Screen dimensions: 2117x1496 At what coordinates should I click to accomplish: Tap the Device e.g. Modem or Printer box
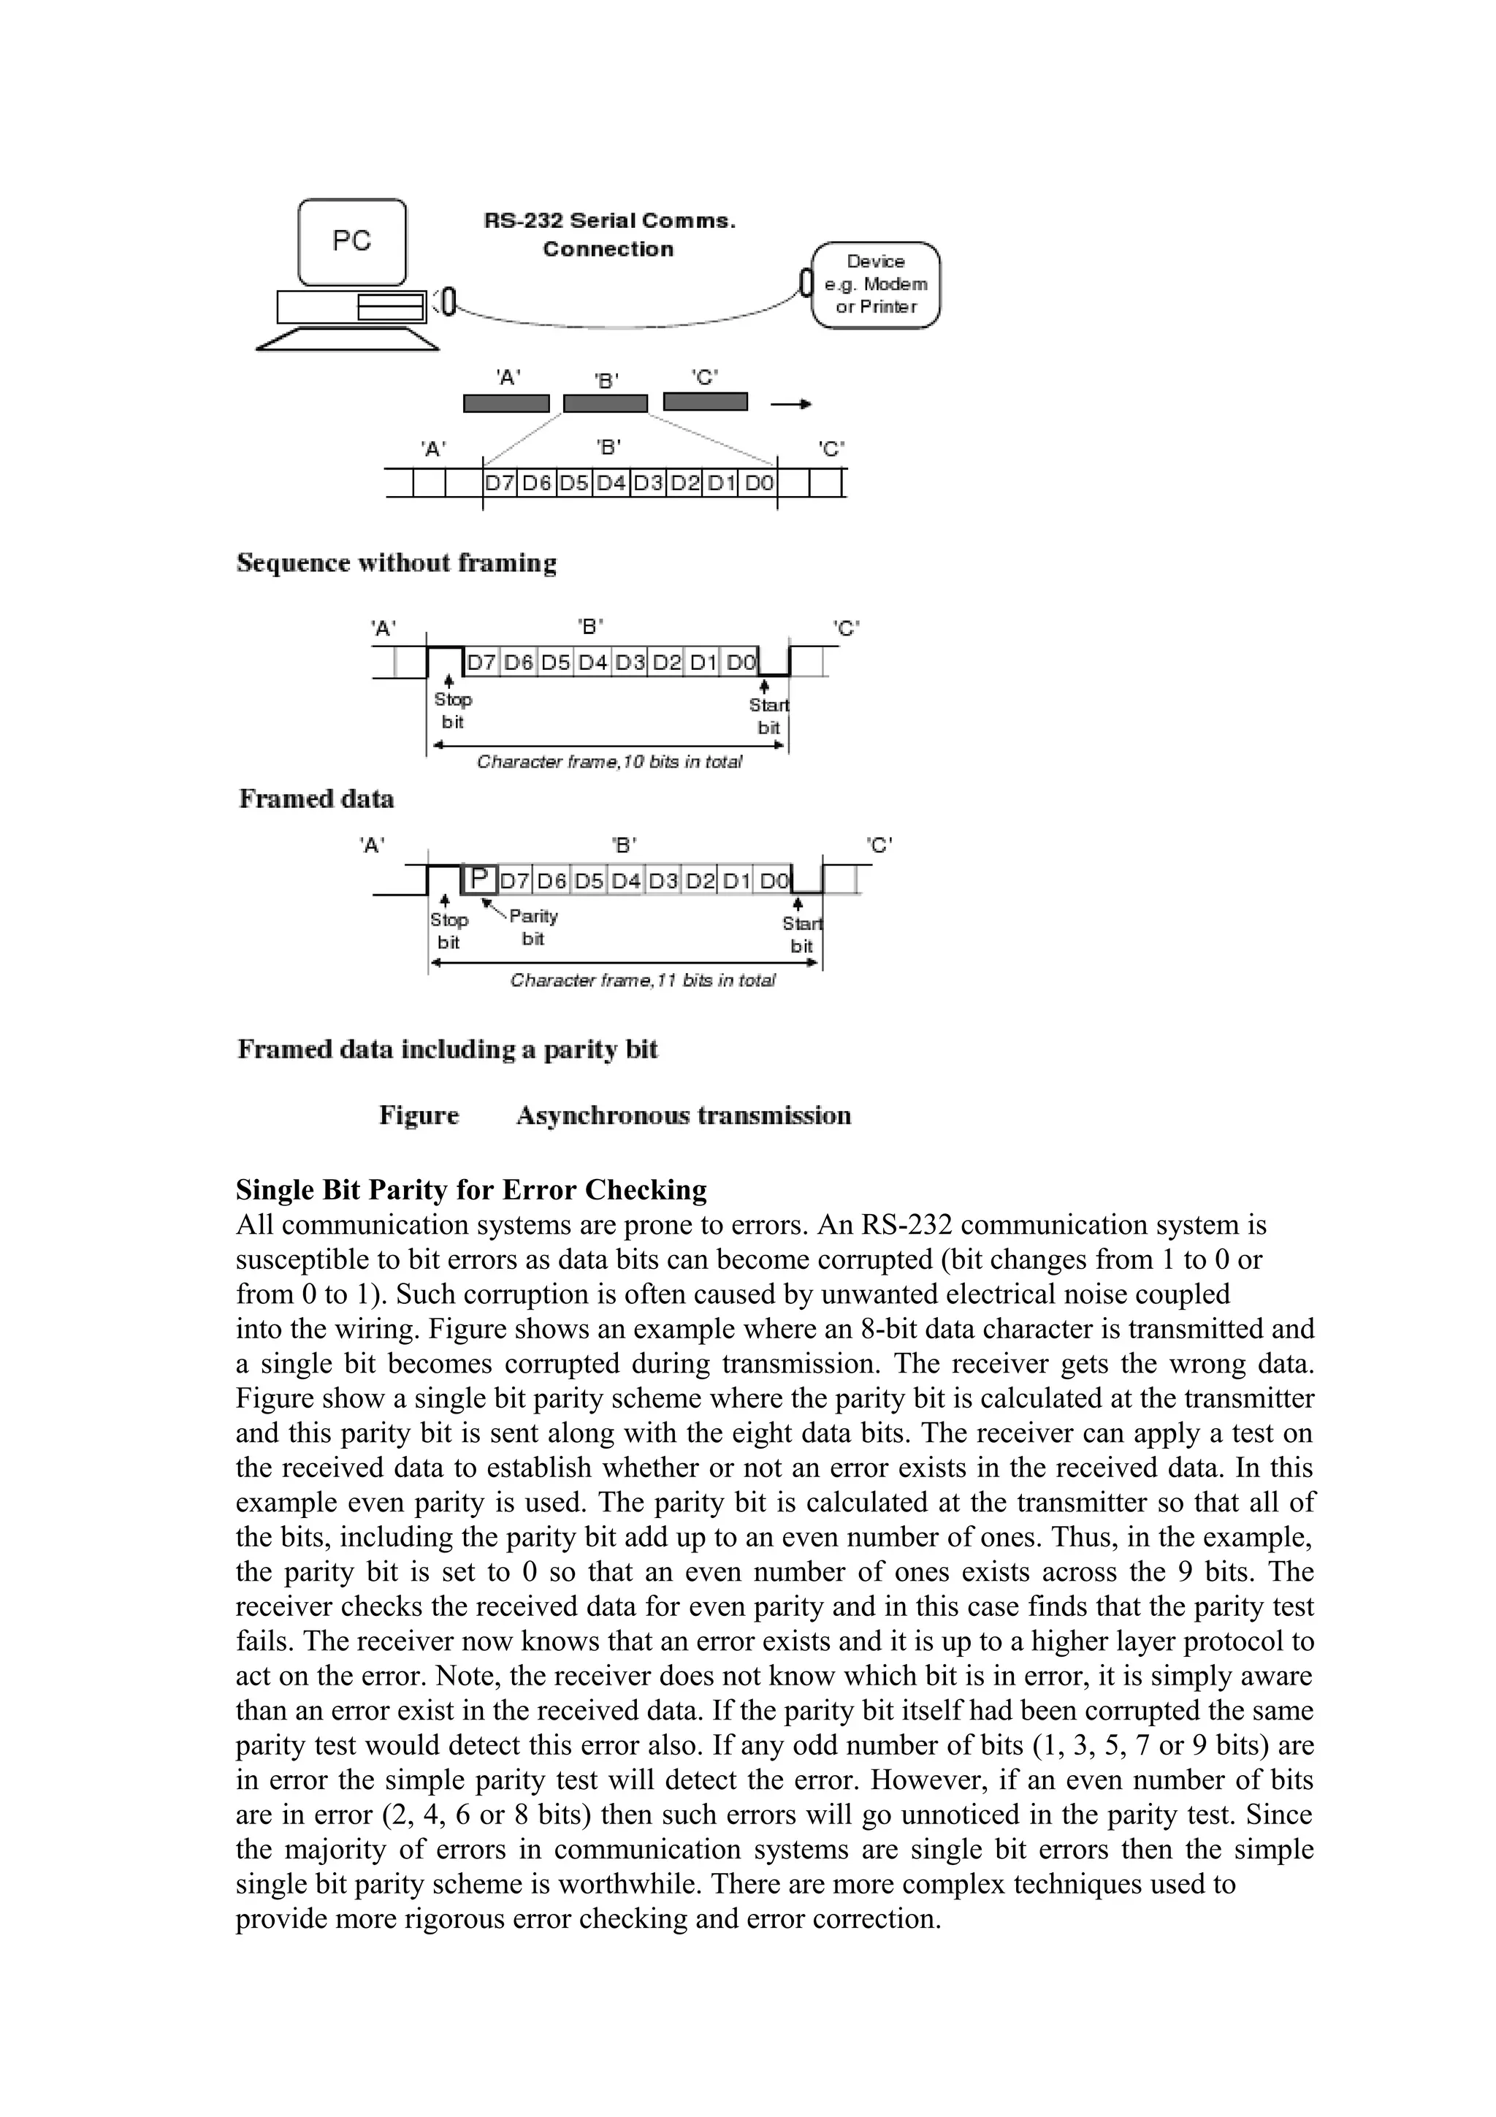(876, 284)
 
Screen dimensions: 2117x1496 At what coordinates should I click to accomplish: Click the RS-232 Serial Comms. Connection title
(609, 234)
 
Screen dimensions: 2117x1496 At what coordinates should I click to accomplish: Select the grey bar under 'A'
(506, 404)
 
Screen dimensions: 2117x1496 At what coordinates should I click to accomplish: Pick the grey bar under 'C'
(705, 402)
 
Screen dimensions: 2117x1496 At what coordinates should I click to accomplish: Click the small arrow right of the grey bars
(791, 404)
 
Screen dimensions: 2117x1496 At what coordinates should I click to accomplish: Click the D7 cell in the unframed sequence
(500, 483)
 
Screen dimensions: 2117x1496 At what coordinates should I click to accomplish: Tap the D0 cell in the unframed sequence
(759, 483)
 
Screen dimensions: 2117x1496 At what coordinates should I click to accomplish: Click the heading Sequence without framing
(397, 562)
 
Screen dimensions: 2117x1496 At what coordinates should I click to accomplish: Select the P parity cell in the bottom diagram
(479, 879)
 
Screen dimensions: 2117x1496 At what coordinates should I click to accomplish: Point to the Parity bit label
(533, 927)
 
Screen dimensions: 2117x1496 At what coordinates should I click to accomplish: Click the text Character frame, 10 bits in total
(609, 762)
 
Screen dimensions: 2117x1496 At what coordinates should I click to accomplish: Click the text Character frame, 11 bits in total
(643, 980)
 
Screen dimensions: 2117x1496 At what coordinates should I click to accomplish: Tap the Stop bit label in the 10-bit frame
(453, 711)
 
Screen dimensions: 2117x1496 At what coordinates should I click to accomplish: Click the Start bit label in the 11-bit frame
(802, 934)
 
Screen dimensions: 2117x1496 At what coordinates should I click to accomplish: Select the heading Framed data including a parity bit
(447, 1049)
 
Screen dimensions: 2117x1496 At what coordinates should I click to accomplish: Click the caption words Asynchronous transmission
(683, 1115)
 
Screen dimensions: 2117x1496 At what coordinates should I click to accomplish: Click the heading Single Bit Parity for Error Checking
(471, 1189)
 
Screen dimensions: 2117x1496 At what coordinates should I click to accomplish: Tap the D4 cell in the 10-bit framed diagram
(592, 662)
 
